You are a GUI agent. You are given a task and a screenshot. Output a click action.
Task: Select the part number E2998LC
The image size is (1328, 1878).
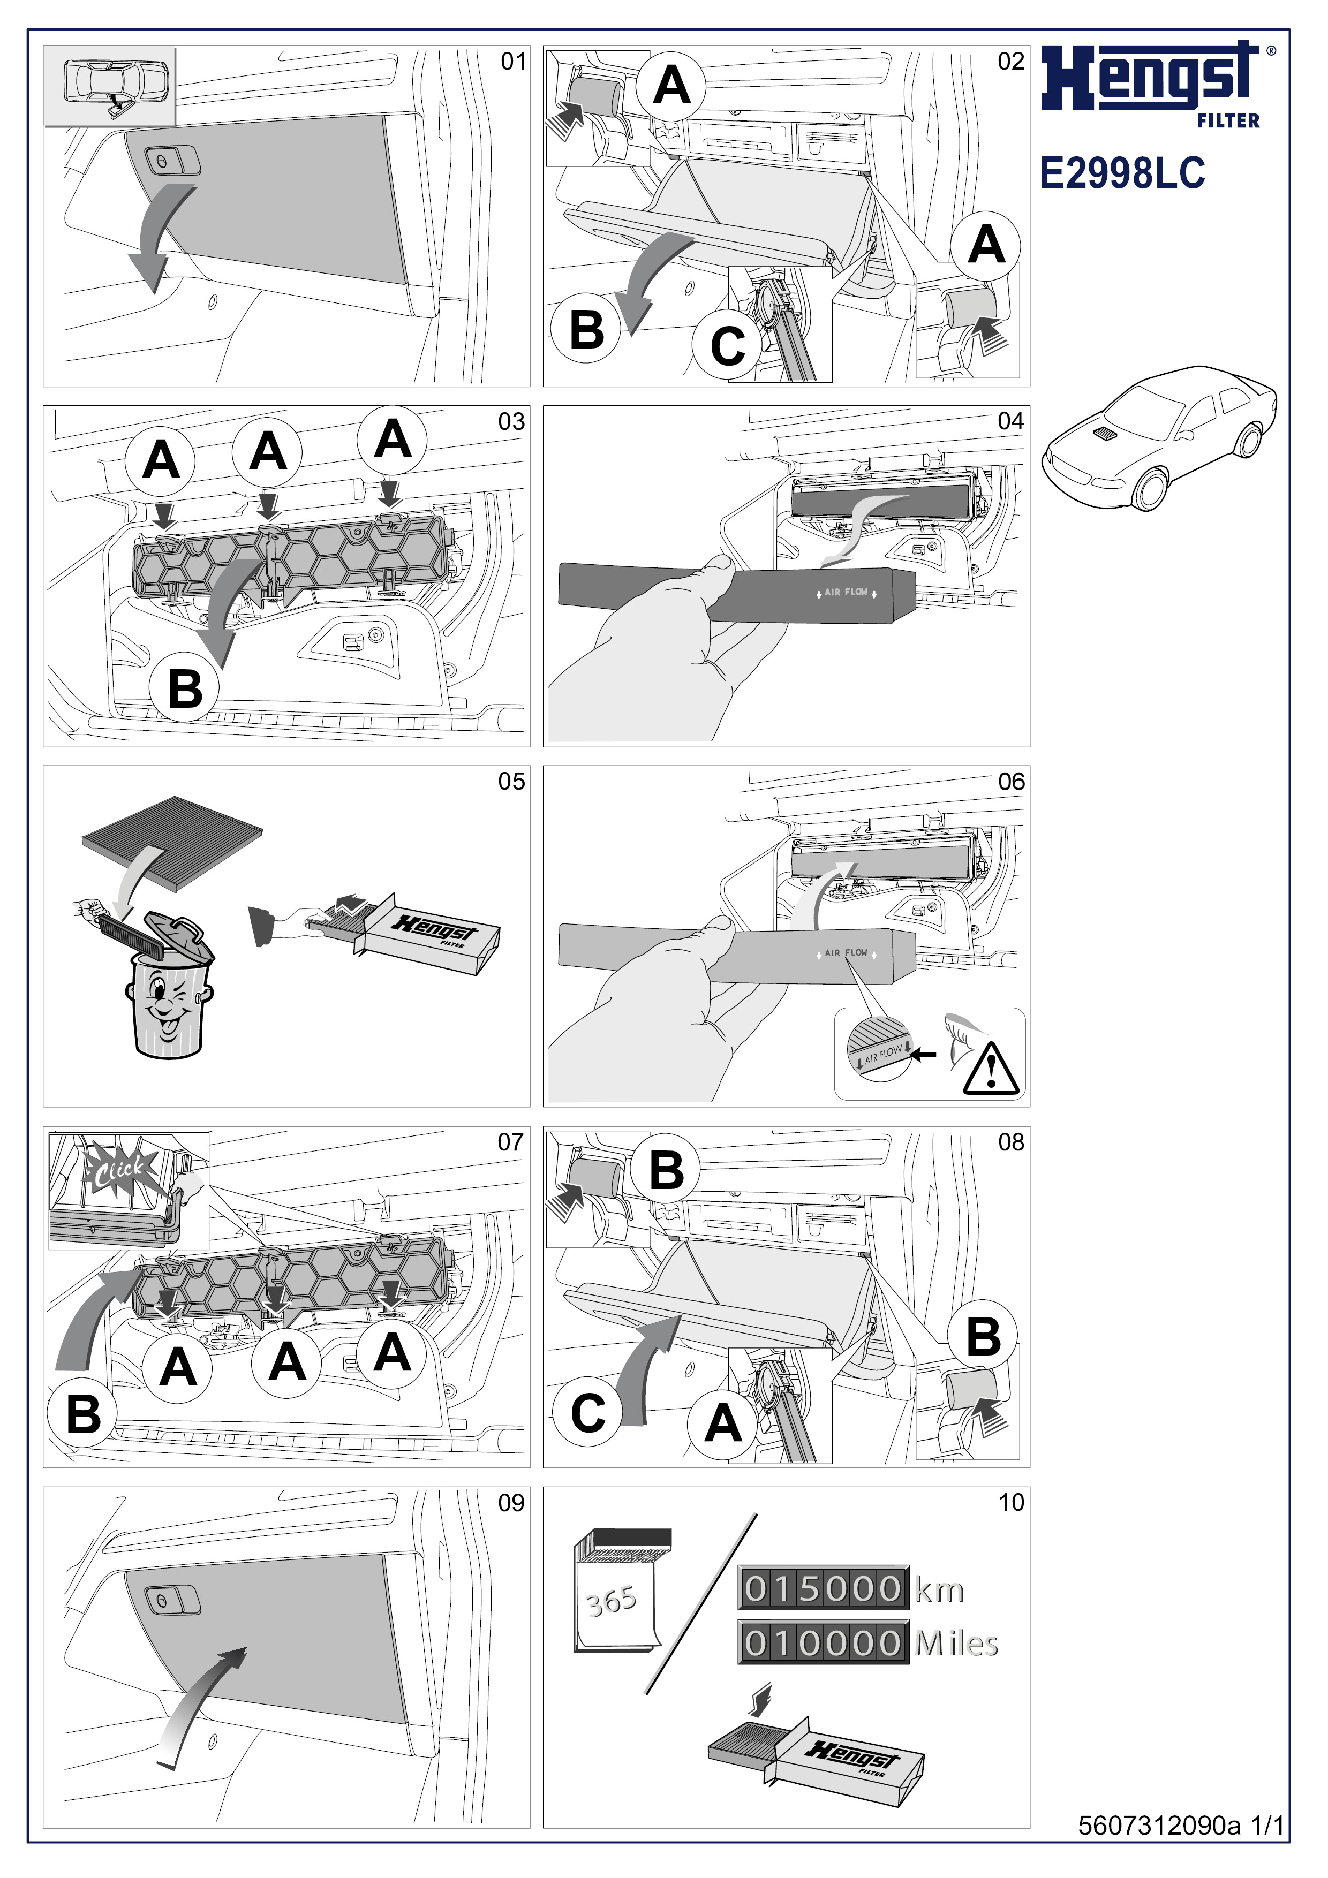click(1122, 174)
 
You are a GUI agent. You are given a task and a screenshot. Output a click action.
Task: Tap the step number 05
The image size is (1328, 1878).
click(511, 782)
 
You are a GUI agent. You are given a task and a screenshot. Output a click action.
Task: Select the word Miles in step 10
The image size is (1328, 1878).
click(956, 1644)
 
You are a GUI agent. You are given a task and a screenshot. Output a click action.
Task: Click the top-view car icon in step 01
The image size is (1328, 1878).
click(110, 87)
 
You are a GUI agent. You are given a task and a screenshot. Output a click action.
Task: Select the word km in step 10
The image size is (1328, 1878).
click(939, 1591)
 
